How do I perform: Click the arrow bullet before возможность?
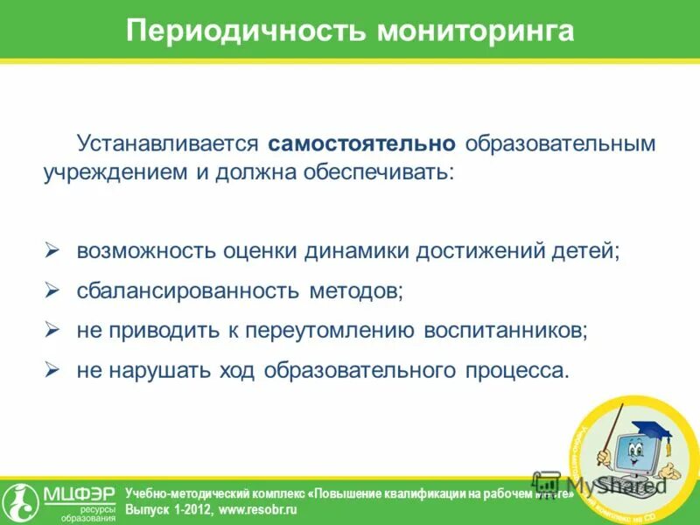[52, 250]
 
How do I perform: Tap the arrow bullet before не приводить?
[52, 330]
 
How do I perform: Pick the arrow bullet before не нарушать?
[52, 369]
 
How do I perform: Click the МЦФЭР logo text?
[80, 495]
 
